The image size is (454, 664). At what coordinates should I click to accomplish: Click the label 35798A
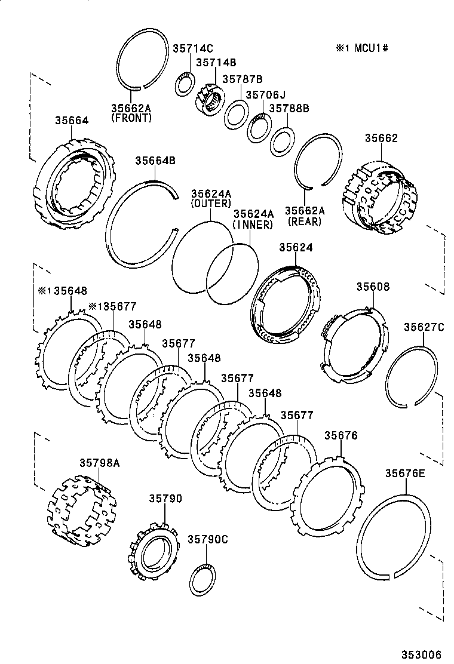[x=100, y=462]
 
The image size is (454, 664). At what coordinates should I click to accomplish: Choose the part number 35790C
[x=208, y=538]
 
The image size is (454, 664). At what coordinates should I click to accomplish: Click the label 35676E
[x=404, y=473]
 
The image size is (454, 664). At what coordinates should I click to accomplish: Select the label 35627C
[x=424, y=327]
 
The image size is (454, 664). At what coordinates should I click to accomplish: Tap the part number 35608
[x=373, y=287]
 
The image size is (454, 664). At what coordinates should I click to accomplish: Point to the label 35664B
[x=155, y=160]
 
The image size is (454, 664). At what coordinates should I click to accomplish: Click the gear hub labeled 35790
[x=154, y=552]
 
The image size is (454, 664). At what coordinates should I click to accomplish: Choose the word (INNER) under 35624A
[x=253, y=225]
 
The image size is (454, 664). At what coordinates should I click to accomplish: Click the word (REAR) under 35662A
[x=304, y=222]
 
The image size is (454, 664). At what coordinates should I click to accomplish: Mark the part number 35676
[x=340, y=436]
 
